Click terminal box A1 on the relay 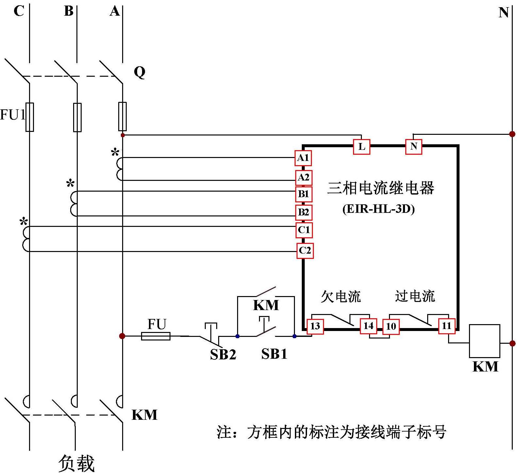tap(303, 158)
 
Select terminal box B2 tap(304, 213)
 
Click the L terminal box tap(362, 147)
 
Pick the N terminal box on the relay tap(413, 146)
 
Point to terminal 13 tap(315, 326)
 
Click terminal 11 tap(446, 326)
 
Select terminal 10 tap(391, 326)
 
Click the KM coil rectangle tap(484, 341)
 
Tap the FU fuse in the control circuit tap(155, 336)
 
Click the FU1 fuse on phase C tap(29, 117)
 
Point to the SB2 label tap(223, 355)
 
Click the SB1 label tap(274, 354)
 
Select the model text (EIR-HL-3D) tap(379, 209)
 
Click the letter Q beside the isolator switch tap(139, 72)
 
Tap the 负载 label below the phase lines tap(76, 463)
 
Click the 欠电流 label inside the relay tap(341, 296)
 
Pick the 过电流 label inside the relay tap(415, 296)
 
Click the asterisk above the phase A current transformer tap(115, 152)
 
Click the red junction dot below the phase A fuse tap(123, 135)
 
